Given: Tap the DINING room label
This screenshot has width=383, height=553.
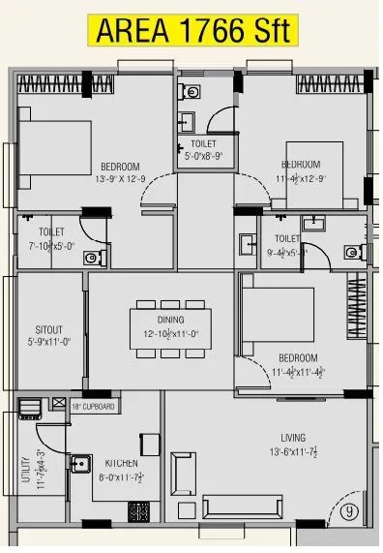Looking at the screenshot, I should tap(161, 319).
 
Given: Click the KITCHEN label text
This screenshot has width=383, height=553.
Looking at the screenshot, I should tap(122, 463).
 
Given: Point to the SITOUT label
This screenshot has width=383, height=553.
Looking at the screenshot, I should tap(48, 329).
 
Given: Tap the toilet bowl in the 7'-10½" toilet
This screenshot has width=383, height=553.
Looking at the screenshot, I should tap(91, 258).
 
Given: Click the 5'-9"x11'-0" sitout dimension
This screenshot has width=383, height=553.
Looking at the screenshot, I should tap(48, 341).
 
